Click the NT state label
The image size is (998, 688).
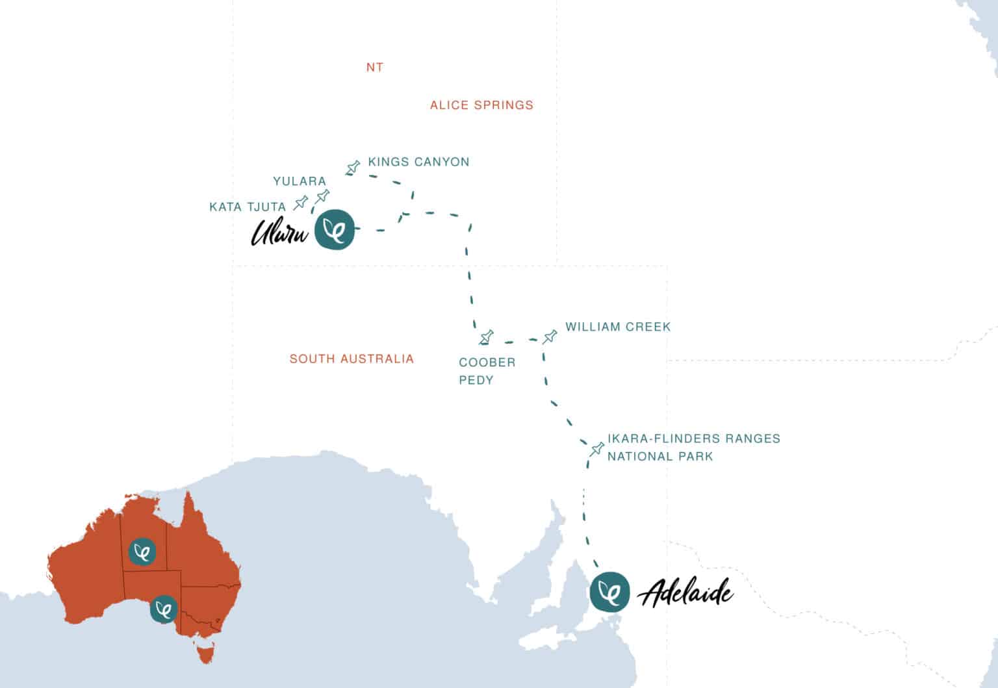click(374, 67)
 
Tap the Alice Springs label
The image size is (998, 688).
click(481, 105)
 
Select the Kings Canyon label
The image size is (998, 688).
click(418, 162)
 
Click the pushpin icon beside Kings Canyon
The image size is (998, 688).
click(353, 168)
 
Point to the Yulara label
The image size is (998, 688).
click(299, 181)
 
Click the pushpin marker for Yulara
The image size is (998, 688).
click(322, 196)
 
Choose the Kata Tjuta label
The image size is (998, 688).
click(248, 207)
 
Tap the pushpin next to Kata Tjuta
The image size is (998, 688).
click(300, 203)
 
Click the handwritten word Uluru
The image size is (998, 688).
click(279, 232)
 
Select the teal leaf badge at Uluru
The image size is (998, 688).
click(335, 229)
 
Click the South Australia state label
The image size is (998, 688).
click(352, 359)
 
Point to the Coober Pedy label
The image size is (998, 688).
click(487, 371)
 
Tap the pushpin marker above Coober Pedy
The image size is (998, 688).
click(486, 337)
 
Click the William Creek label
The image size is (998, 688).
click(617, 327)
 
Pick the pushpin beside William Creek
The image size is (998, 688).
click(550, 337)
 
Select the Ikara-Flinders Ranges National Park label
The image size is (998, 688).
click(693, 447)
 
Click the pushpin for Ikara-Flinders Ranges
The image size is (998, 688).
click(596, 449)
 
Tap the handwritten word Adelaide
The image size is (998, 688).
click(686, 593)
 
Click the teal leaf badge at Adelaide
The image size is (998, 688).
click(609, 591)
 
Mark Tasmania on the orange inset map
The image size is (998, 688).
click(206, 652)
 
